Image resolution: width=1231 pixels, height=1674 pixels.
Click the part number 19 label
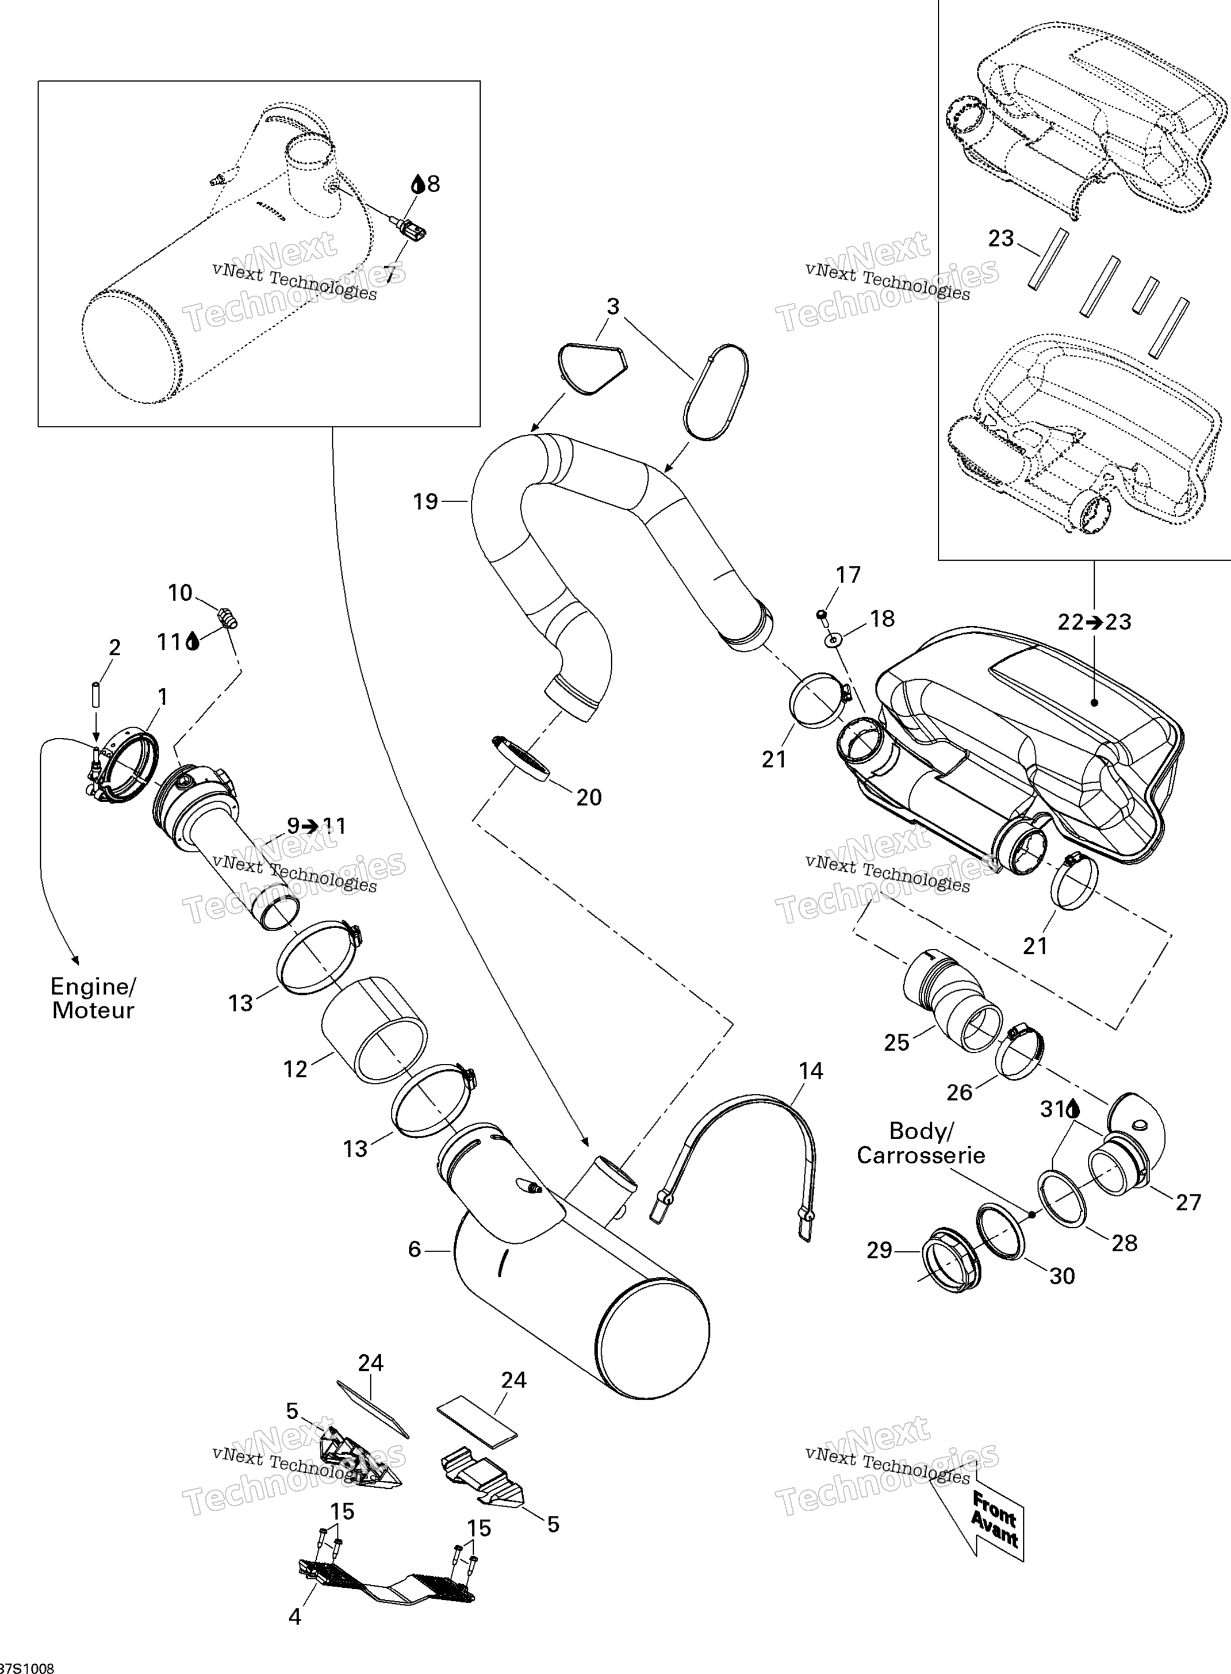point(425,501)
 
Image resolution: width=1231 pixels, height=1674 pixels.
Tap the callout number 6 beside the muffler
point(415,1248)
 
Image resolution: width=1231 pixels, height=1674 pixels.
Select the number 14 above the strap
point(811,1071)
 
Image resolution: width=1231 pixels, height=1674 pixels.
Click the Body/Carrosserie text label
point(921,1143)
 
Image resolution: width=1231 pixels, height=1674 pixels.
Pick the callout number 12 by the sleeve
point(295,1069)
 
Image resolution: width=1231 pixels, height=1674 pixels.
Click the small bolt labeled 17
point(822,614)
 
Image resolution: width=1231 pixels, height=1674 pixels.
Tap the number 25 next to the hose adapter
point(896,1042)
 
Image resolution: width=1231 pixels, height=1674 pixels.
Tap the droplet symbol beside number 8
point(418,183)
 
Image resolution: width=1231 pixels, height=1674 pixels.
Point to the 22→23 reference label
point(1095,621)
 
